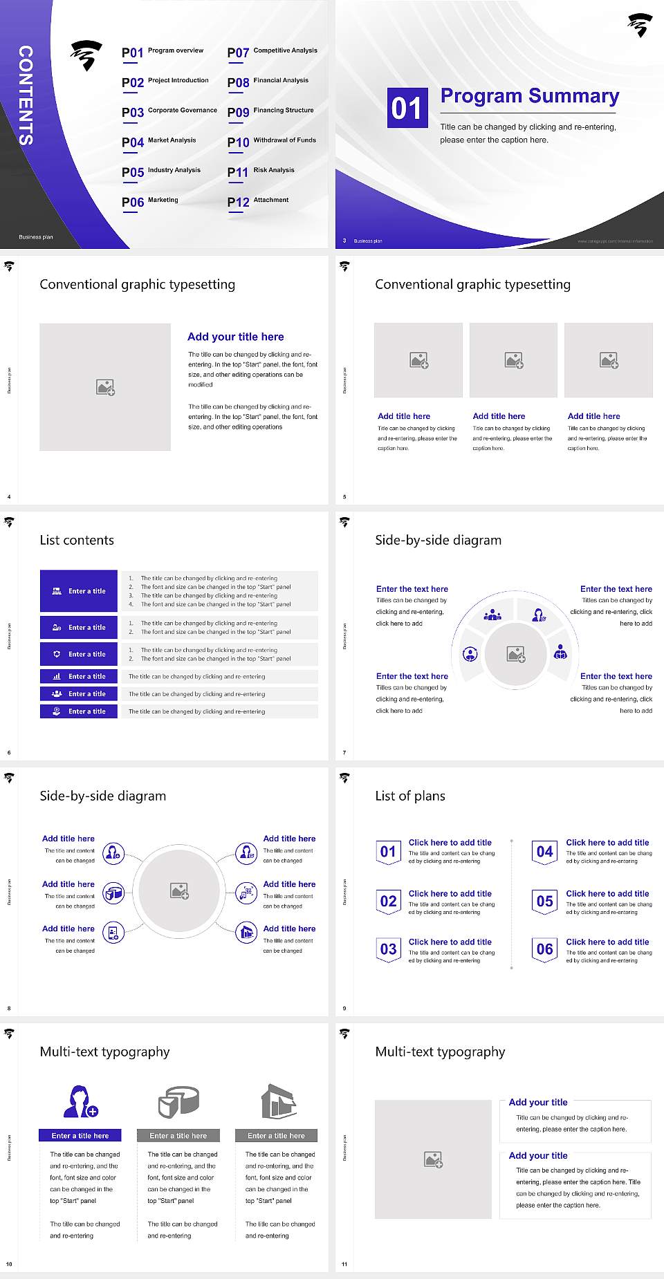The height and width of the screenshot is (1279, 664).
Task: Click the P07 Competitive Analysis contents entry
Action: click(272, 52)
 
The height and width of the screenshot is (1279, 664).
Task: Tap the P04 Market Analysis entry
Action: click(159, 142)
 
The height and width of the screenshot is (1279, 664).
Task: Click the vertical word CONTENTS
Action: click(26, 95)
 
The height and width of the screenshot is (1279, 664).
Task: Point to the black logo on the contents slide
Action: click(86, 55)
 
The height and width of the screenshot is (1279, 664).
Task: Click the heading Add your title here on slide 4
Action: click(235, 337)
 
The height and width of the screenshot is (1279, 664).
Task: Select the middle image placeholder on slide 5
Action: click(513, 360)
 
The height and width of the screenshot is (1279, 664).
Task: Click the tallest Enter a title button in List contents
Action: click(79, 591)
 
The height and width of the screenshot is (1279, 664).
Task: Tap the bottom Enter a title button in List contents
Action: click(79, 711)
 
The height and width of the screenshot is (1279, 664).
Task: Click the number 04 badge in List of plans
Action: click(545, 852)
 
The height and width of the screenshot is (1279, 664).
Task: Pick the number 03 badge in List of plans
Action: click(389, 949)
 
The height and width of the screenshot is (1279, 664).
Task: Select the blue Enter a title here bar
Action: click(80, 1135)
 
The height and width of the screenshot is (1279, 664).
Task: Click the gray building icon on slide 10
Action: click(278, 1101)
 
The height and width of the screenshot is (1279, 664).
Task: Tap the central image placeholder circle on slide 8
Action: click(179, 890)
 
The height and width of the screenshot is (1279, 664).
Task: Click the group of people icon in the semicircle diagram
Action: click(492, 615)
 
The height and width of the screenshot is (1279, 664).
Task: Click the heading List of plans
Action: click(410, 796)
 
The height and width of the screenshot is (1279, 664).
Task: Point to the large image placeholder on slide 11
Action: click(433, 1159)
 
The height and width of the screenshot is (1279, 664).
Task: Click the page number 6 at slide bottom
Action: click(9, 752)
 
